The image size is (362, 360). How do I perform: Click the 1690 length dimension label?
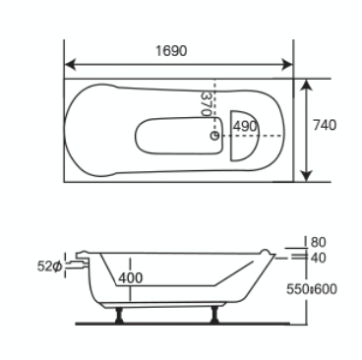(171, 51)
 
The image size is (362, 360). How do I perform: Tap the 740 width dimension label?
(325, 125)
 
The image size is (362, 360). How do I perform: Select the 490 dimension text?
(245, 126)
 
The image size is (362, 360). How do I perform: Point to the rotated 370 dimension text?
(206, 104)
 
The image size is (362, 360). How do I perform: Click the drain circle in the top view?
(214, 135)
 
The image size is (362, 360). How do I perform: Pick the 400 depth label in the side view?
(131, 278)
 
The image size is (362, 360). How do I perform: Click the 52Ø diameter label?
(49, 267)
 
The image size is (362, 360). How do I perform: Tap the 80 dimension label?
(318, 242)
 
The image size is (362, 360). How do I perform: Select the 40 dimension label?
(318, 258)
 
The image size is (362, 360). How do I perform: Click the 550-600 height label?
(312, 289)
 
